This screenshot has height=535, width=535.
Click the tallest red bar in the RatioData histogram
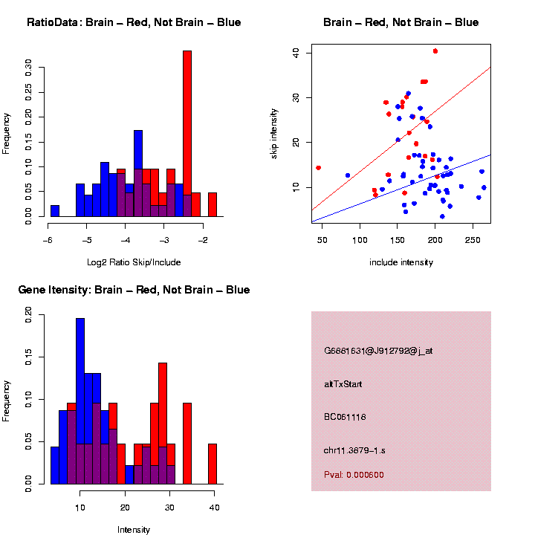click(187, 134)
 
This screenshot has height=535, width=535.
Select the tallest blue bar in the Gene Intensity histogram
click(80, 401)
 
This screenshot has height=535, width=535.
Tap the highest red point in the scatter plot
click(435, 51)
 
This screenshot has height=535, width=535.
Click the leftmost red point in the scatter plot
click(319, 168)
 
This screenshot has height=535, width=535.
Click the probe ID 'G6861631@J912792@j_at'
click(378, 350)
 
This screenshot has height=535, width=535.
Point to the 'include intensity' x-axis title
click(401, 262)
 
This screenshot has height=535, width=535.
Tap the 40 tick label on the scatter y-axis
click(296, 52)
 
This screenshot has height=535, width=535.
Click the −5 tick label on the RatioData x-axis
click(86, 239)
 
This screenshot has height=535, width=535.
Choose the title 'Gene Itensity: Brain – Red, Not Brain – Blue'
click(134, 290)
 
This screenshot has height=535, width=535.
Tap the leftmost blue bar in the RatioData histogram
click(55, 211)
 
